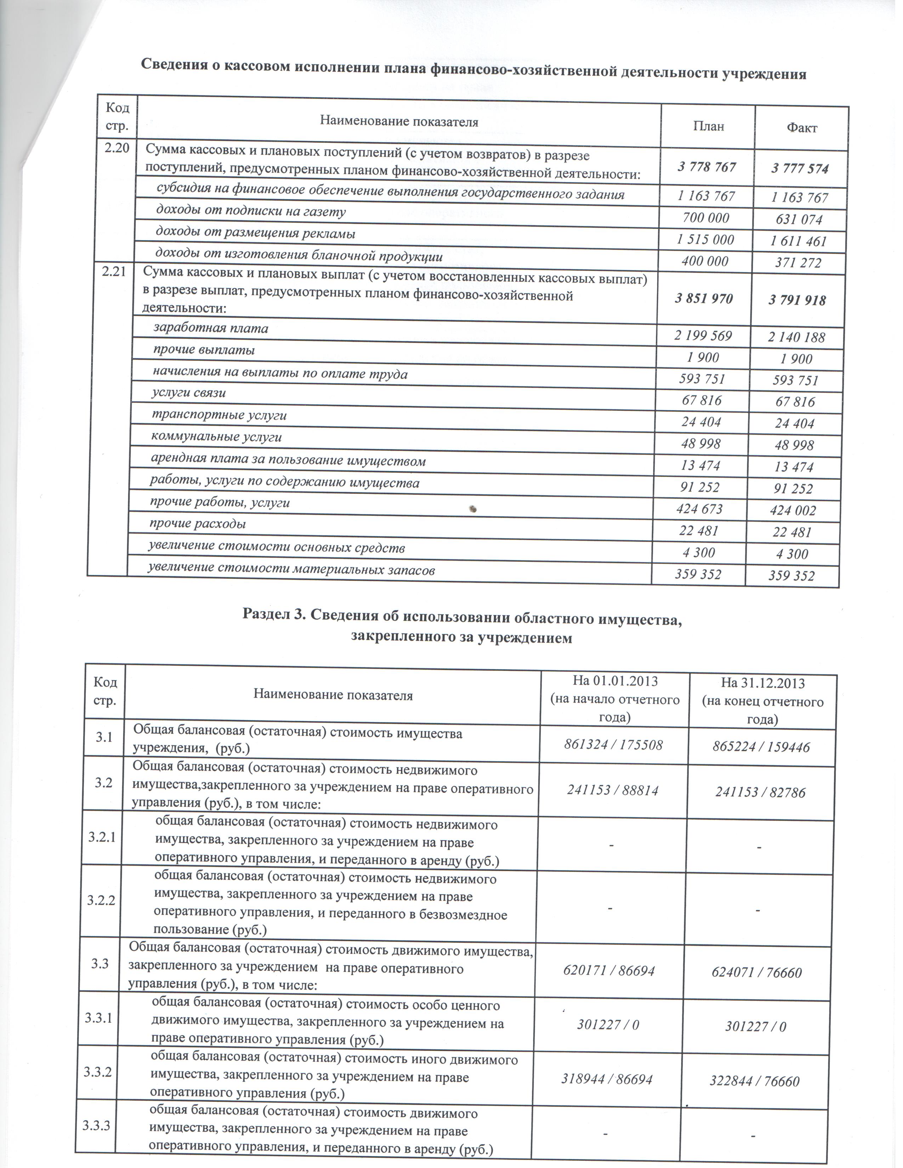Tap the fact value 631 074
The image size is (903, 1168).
pyautogui.click(x=800, y=219)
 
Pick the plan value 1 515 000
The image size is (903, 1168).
pyautogui.click(x=706, y=240)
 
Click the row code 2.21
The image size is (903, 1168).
pyautogui.click(x=114, y=272)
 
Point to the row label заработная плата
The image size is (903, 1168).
pyautogui.click(x=211, y=328)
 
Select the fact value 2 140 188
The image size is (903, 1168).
pyautogui.click(x=796, y=337)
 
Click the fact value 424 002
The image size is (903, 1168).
pyautogui.click(x=793, y=511)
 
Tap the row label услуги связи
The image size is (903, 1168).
pyautogui.click(x=189, y=393)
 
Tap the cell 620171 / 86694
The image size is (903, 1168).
pyautogui.click(x=609, y=970)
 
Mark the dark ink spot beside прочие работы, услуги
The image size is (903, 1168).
pyautogui.click(x=473, y=509)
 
